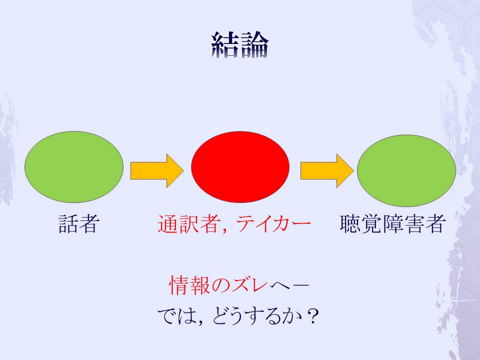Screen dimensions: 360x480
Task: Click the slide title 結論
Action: point(240,45)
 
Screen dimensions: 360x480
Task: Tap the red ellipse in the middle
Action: point(240,167)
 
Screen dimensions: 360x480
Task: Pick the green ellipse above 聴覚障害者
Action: point(406,170)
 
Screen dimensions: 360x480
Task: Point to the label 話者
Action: point(77,224)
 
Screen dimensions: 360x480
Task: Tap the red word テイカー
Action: point(272,224)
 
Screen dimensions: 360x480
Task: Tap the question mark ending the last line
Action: point(314,316)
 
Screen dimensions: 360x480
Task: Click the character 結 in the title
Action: point(225,45)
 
